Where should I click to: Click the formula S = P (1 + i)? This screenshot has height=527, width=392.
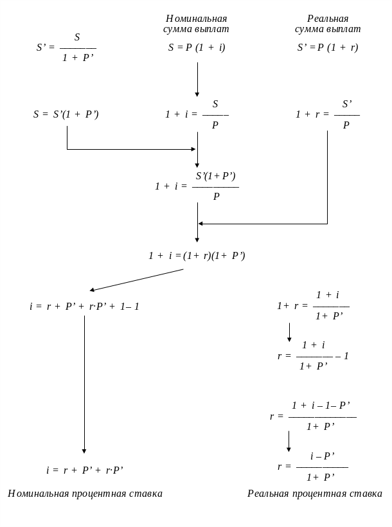(x=197, y=48)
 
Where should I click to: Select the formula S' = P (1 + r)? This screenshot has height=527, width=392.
(x=328, y=48)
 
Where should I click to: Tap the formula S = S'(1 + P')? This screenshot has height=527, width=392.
(x=66, y=114)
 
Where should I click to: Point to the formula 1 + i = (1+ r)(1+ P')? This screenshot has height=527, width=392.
(x=197, y=256)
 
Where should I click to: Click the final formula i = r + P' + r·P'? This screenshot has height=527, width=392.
(x=85, y=470)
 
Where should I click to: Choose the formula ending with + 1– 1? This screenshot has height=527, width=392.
(x=84, y=307)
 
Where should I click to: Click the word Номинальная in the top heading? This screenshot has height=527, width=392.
(x=197, y=19)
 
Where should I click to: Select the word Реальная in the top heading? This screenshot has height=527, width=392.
(x=328, y=19)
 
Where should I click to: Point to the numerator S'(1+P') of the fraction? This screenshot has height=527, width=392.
(x=216, y=176)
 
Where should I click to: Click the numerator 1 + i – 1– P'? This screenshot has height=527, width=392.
(x=321, y=406)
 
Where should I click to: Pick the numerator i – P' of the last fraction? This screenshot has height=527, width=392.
(x=323, y=456)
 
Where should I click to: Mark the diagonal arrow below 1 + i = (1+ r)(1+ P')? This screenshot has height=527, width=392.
(x=136, y=280)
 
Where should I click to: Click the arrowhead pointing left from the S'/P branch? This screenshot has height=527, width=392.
(x=200, y=224)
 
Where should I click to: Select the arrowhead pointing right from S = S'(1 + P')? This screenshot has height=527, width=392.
(x=193, y=149)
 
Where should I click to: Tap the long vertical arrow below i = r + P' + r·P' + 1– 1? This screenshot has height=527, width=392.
(x=84, y=384)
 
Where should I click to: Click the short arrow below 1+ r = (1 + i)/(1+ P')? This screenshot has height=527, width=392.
(x=289, y=332)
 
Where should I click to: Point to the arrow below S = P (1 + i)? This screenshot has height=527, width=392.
(x=197, y=79)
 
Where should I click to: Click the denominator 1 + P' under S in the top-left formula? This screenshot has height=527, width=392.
(x=78, y=58)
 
